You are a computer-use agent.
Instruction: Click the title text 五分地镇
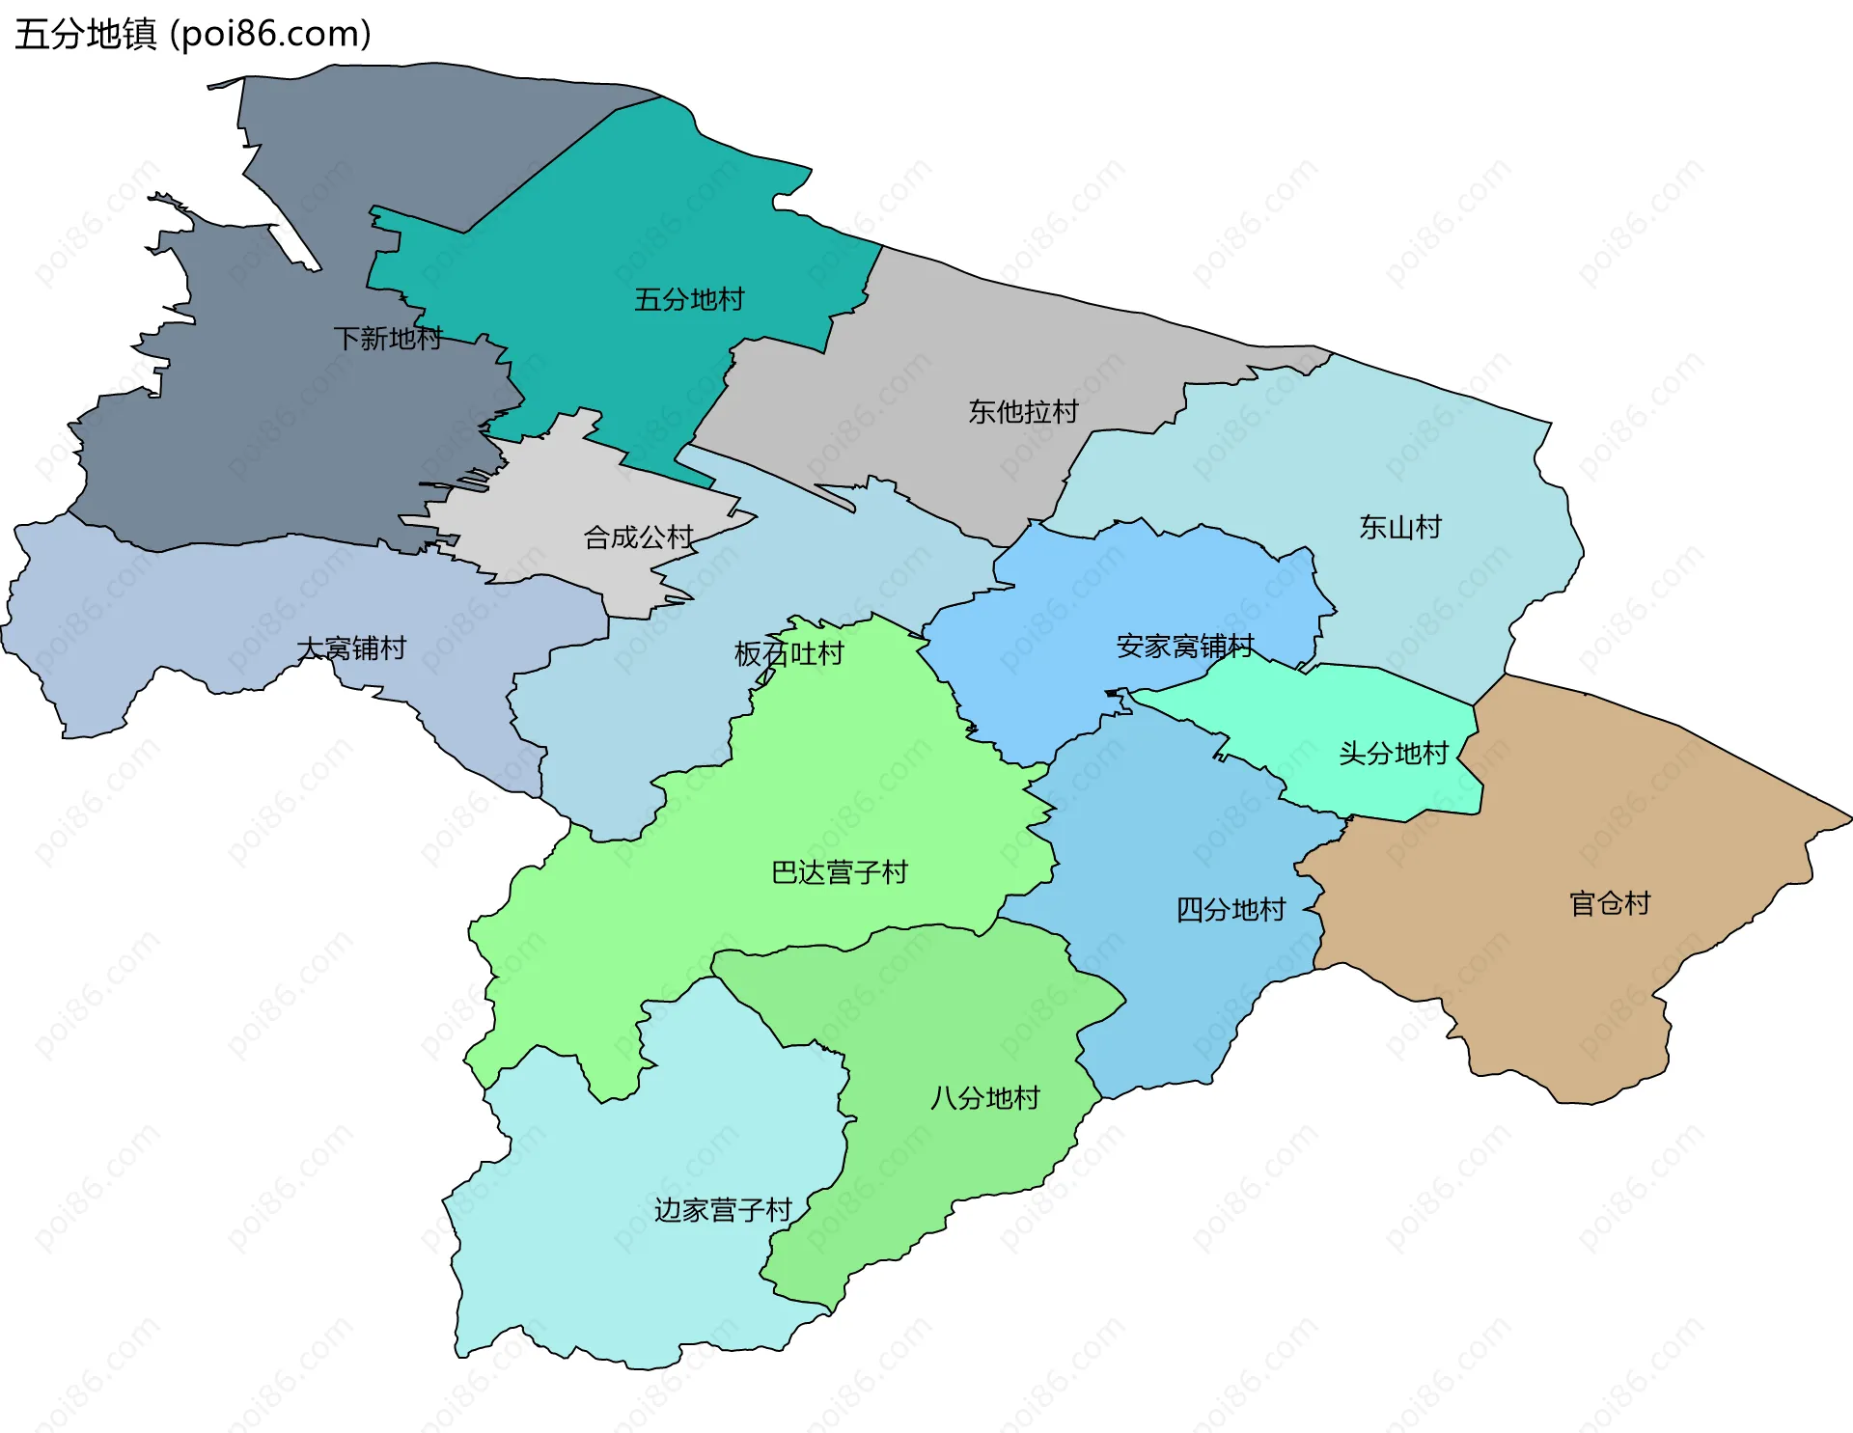tap(85, 35)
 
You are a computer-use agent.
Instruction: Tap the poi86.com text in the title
tap(270, 35)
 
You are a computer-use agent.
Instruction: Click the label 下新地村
tap(388, 339)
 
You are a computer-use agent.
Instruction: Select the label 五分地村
tap(689, 300)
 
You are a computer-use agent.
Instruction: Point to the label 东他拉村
tap(1023, 412)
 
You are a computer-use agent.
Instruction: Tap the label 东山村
tap(1400, 527)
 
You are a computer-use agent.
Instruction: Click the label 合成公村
tap(639, 537)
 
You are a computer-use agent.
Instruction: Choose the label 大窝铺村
tap(351, 648)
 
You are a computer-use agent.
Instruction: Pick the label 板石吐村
tap(789, 654)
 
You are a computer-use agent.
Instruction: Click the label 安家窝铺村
tap(1185, 647)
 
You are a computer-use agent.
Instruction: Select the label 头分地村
tap(1394, 754)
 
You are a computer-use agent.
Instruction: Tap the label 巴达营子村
tap(840, 873)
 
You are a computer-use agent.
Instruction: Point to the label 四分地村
tap(1231, 910)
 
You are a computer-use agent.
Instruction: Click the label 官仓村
tap(1610, 904)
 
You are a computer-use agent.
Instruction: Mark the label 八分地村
tap(984, 1098)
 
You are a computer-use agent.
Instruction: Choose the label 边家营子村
tap(723, 1210)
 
